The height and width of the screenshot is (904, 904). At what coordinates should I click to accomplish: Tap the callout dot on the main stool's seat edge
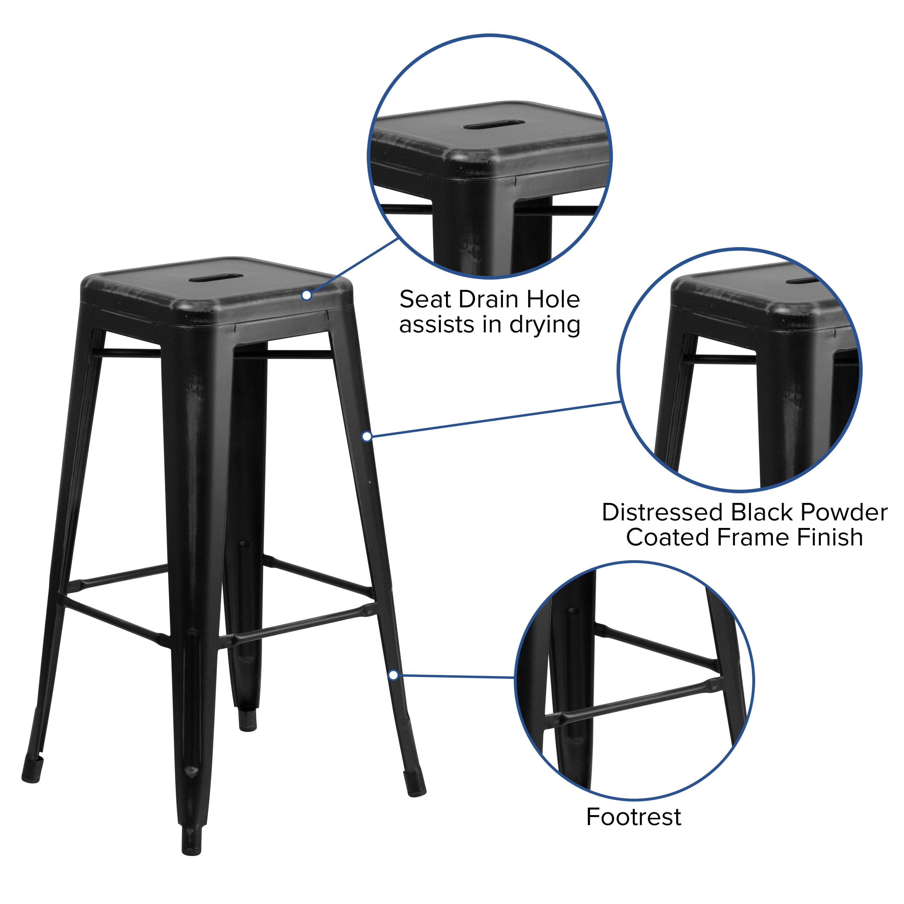306,295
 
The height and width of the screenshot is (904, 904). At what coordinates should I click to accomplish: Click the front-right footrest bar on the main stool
300,624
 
